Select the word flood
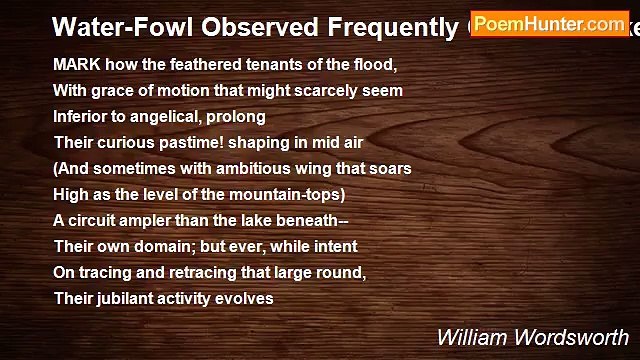coord(373,64)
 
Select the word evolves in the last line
coord(244,298)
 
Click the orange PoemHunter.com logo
coord(549,22)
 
